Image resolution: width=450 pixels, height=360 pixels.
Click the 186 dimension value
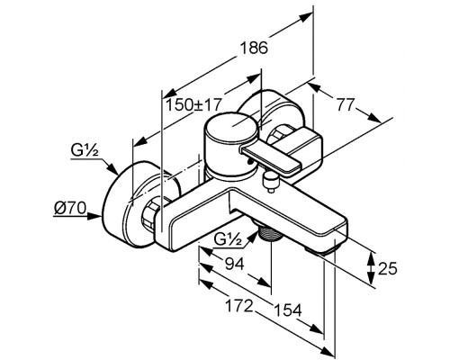point(254,48)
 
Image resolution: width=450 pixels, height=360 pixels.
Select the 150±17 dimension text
point(193,104)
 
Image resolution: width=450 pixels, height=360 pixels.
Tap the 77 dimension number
point(345,104)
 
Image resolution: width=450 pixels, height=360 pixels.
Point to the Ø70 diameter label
point(70,208)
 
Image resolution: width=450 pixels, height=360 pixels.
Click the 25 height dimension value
point(387,268)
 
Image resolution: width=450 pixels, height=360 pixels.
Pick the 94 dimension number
point(235,264)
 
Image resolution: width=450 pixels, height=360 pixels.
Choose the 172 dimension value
point(239,306)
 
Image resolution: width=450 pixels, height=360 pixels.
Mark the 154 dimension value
point(288,310)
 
